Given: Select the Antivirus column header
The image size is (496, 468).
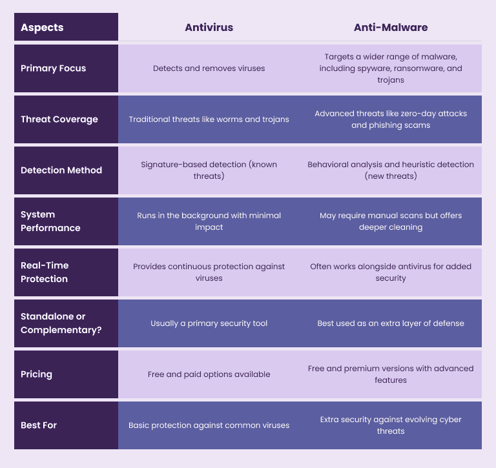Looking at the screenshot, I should (x=209, y=28).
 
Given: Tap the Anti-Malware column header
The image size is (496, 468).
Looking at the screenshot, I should (x=390, y=28).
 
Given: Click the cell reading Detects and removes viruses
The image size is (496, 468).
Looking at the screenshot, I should (x=209, y=68).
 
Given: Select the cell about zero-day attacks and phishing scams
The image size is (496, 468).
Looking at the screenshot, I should (x=390, y=119).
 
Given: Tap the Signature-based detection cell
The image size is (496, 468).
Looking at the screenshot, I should (x=209, y=170).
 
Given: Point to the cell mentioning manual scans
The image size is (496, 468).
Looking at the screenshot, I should (x=390, y=221).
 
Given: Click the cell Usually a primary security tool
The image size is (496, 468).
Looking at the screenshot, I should (x=209, y=323).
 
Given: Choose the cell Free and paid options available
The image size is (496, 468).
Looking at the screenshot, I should (x=209, y=374).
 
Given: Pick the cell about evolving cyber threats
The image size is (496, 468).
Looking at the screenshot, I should (x=390, y=425).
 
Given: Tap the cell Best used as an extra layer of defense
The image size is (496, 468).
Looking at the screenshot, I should (x=390, y=323).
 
